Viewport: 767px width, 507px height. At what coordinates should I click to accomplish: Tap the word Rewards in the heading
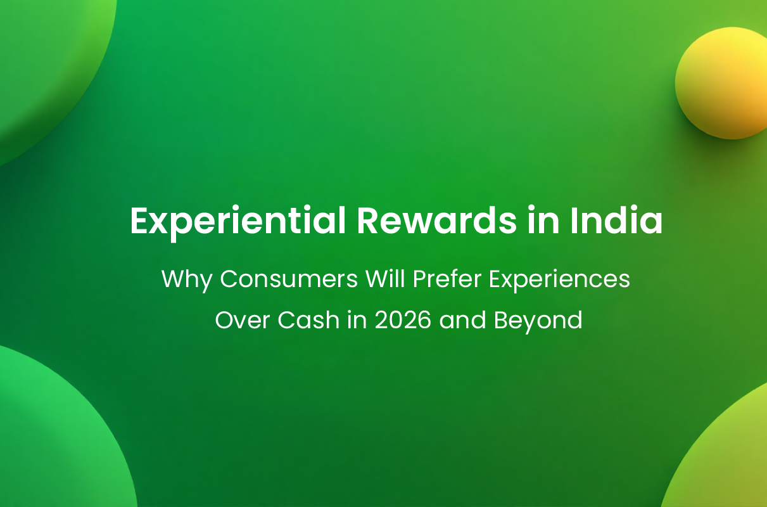coord(437,221)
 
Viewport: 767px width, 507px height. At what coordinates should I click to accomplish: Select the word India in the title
coord(616,221)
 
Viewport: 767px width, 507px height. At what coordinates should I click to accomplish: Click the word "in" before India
coord(543,221)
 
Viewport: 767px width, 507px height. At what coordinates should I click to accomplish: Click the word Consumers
coord(289,279)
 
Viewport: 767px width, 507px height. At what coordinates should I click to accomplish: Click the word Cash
coord(308,320)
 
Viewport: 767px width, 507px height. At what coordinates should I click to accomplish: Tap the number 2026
coord(403,320)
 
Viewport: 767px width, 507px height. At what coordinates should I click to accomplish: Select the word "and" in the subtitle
coord(462,319)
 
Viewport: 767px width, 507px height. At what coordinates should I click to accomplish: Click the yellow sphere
coord(721,83)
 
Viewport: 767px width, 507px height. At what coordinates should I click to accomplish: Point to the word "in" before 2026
coord(357,320)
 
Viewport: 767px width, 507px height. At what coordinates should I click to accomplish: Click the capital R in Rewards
coord(369,221)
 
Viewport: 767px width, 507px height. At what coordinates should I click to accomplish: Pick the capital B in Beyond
coord(502,320)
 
